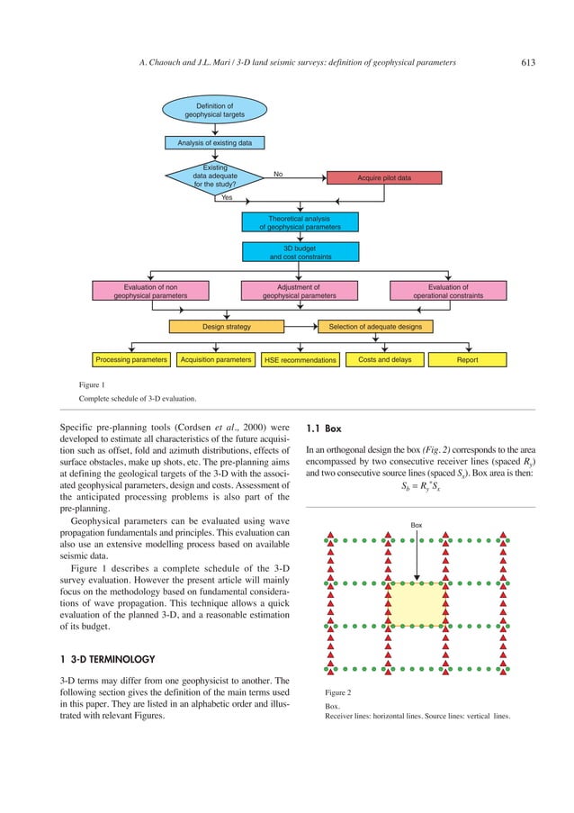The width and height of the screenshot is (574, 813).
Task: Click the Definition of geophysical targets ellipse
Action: point(214,110)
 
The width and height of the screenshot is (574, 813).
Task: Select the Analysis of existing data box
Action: point(214,142)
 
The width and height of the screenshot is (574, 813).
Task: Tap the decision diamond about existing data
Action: point(214,176)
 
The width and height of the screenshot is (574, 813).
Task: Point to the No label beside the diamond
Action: point(279,174)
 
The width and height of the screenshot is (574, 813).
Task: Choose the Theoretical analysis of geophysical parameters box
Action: point(300,222)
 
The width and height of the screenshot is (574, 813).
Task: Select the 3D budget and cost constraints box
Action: point(300,252)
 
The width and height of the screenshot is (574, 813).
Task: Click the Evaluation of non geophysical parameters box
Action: point(150,291)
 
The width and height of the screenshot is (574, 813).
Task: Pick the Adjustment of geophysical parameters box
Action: point(300,291)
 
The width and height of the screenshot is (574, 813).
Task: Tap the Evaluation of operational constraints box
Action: point(447,291)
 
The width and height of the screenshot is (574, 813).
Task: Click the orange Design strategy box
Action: point(226,326)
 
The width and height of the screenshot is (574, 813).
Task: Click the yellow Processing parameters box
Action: point(131,360)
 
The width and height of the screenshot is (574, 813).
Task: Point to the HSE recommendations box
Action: point(300,360)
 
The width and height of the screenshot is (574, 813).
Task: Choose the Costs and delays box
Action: point(384,360)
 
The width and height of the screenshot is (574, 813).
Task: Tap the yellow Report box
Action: point(467,360)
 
